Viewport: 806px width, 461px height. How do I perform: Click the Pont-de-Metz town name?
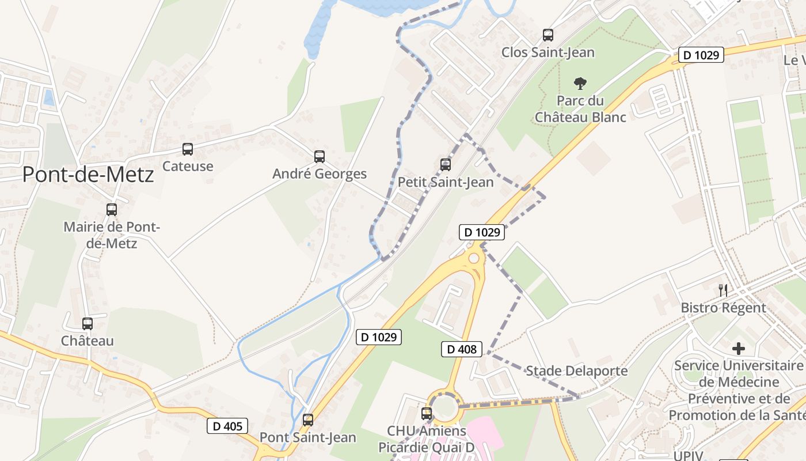88,174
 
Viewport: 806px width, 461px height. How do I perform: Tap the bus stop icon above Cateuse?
188,149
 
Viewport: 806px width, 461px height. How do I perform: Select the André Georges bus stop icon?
320,157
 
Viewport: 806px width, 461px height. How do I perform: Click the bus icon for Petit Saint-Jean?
446,165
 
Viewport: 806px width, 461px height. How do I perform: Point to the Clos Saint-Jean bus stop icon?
548,35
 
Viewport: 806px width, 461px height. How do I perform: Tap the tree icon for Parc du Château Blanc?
580,84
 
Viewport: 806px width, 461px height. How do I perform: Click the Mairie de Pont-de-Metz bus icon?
112,210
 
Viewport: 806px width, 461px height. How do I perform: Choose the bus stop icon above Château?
88,324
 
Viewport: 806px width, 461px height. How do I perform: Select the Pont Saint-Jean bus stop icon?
308,420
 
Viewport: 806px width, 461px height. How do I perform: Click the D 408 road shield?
461,349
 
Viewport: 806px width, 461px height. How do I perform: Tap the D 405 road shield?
227,426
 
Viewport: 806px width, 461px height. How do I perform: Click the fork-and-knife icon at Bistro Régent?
723,290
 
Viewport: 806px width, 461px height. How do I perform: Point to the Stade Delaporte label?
577,371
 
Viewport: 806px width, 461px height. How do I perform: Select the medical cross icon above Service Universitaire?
739,349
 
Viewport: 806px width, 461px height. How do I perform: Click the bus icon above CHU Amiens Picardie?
427,413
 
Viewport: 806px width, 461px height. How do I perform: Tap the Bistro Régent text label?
723,308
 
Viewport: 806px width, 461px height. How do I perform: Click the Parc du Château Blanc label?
580,108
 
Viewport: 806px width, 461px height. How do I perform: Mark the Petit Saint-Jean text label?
446,183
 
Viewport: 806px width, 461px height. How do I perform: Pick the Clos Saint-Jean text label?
548,52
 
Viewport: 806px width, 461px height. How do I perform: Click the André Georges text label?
320,174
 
